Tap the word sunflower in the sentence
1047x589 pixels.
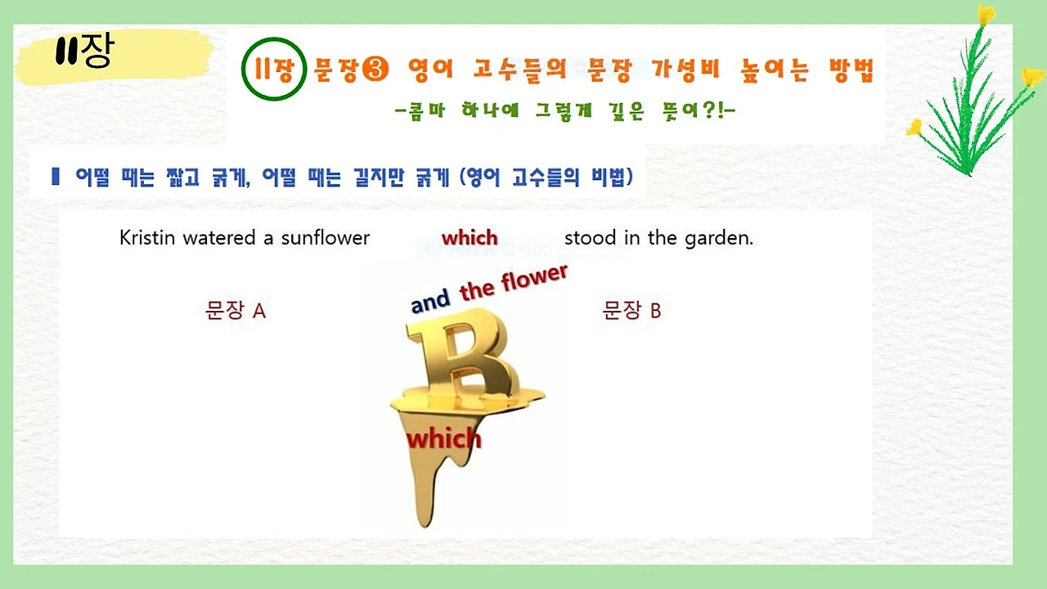326,238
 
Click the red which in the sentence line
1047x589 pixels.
470,238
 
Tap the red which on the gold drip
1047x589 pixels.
444,439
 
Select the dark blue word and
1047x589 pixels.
431,301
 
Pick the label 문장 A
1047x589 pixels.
236,311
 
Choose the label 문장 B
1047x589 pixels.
631,311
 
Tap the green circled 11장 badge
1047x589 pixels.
274,69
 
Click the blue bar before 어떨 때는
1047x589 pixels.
56,176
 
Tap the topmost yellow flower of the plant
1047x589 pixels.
986,15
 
